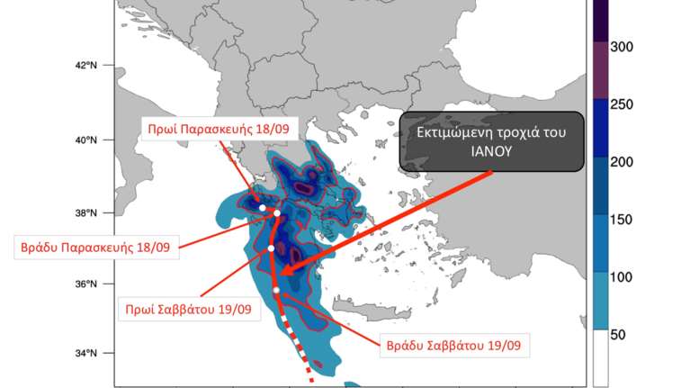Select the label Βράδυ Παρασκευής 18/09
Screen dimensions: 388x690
98,246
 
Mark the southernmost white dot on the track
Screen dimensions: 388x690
277,289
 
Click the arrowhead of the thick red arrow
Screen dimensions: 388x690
281,271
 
